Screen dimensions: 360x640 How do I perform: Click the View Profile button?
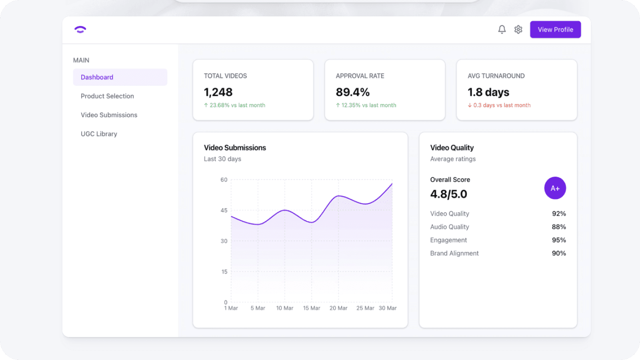(x=555, y=30)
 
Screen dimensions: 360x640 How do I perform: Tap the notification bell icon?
(x=502, y=30)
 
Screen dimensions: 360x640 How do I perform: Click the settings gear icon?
(x=518, y=30)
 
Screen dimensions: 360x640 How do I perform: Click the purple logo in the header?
(x=80, y=30)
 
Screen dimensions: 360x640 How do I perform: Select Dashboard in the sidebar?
(x=97, y=77)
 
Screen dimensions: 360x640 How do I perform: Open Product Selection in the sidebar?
(x=107, y=96)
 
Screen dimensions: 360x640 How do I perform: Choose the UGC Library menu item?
(x=99, y=134)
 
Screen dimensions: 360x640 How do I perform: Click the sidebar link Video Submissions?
(x=109, y=115)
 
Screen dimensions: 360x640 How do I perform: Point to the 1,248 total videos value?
(x=218, y=92)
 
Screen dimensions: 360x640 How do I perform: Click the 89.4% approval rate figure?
(x=352, y=92)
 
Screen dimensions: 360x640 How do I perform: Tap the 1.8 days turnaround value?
(x=488, y=92)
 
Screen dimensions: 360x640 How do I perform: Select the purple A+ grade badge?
(x=555, y=188)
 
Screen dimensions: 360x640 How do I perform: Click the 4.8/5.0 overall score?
(x=448, y=194)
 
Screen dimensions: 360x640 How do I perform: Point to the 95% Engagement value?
(x=559, y=240)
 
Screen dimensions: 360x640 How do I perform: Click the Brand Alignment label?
(x=454, y=253)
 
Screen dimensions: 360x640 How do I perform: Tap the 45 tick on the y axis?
(x=224, y=210)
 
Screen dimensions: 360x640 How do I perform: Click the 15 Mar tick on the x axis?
(x=312, y=308)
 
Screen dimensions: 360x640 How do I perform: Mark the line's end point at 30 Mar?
(x=392, y=184)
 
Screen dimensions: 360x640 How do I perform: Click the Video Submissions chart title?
(x=235, y=148)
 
